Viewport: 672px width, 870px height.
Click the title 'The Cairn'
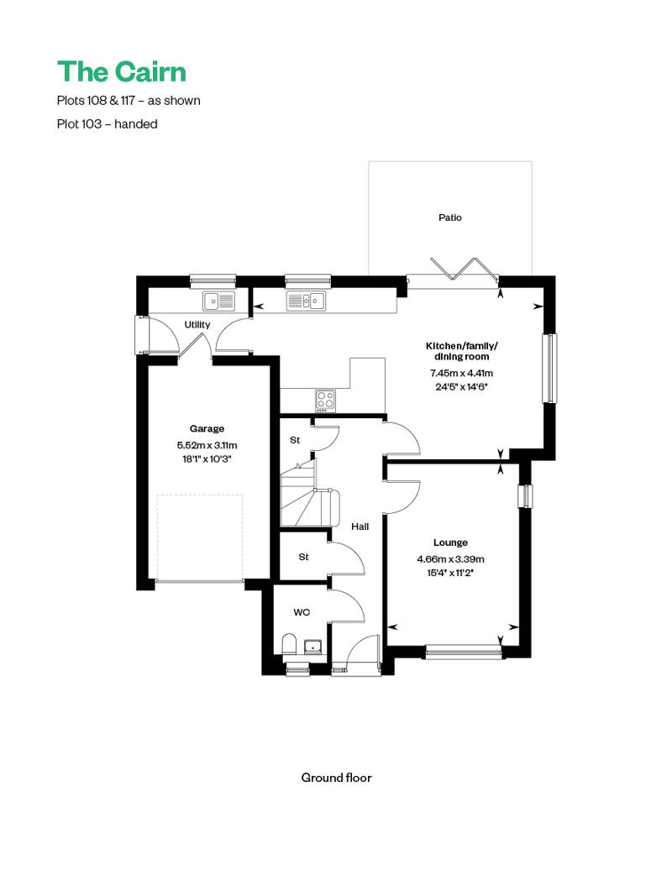pos(121,71)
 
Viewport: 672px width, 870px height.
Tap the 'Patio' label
pos(449,217)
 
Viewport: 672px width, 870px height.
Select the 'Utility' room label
pos(197,325)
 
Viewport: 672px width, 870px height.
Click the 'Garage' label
pos(207,428)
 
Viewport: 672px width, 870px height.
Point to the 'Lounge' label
pos(450,542)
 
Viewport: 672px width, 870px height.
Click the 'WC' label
pos(301,612)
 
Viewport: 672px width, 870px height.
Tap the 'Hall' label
pos(360,527)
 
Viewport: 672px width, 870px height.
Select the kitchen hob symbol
pos(325,400)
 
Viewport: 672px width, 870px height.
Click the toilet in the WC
pos(288,645)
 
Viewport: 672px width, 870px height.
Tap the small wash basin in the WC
pos(314,646)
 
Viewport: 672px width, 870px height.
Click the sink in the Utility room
pos(221,300)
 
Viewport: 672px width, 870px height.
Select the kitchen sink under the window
pos(306,300)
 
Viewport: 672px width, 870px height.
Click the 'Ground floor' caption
pos(336,778)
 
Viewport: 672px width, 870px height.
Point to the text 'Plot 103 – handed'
pos(108,123)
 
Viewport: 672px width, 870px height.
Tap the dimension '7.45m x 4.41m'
pos(461,373)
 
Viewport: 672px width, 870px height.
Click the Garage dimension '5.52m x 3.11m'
pos(207,445)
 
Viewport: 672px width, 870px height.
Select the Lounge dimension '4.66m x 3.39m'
pos(450,559)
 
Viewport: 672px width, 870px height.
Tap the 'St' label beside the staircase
pos(295,439)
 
